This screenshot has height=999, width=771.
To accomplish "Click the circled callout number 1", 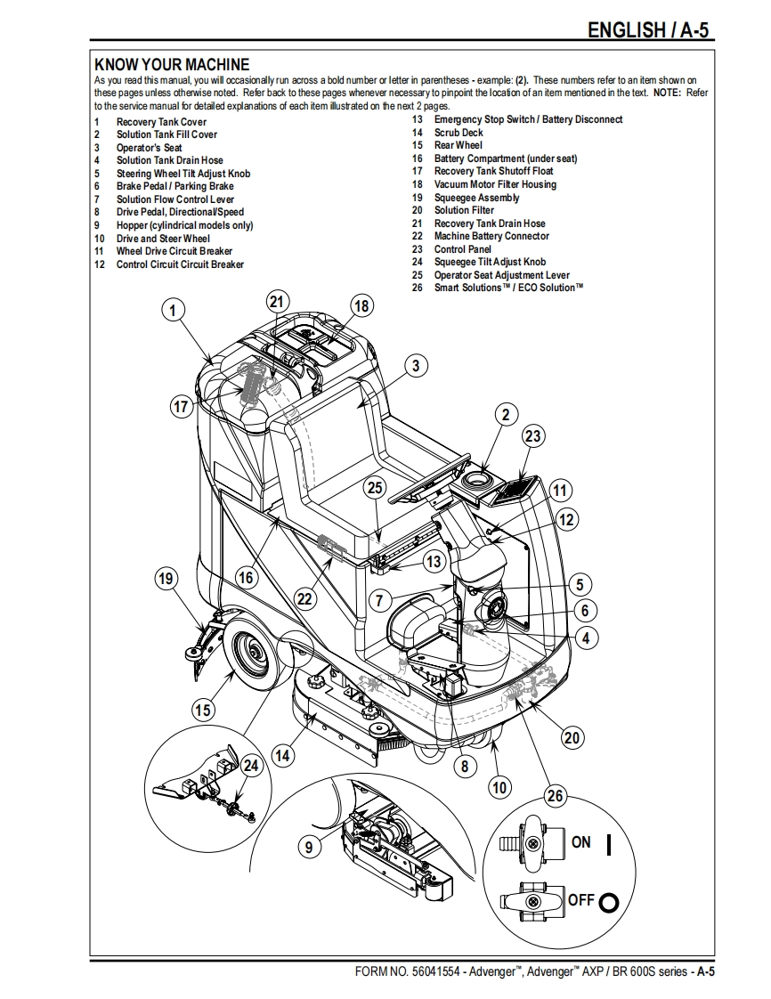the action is tap(173, 311).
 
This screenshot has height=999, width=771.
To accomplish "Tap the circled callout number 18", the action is tap(361, 306).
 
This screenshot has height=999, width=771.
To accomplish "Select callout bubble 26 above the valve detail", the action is tap(555, 795).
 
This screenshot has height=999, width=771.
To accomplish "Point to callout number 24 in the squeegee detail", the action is tap(251, 765).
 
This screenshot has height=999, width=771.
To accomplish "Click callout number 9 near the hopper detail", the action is tap(309, 847).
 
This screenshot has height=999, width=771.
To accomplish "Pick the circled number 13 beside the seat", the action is tap(434, 561).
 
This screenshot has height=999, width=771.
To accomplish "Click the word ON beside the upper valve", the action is tap(581, 842).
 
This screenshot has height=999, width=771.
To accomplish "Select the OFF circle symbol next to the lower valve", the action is tap(609, 902).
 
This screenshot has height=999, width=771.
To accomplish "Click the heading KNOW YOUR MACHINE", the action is tap(172, 64).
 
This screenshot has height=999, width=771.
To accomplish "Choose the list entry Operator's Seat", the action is tap(149, 148).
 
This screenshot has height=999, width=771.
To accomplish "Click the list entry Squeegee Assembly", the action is tap(476, 198).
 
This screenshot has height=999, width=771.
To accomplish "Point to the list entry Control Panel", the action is tap(463, 249).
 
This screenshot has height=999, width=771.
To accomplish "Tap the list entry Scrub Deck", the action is tap(459, 133).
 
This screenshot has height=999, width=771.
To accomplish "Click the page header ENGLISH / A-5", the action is tap(647, 30).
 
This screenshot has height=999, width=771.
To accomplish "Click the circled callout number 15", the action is tap(203, 710).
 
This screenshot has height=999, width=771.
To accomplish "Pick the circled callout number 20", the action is tap(572, 738).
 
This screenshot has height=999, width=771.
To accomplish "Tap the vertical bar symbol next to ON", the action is tap(609, 844).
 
